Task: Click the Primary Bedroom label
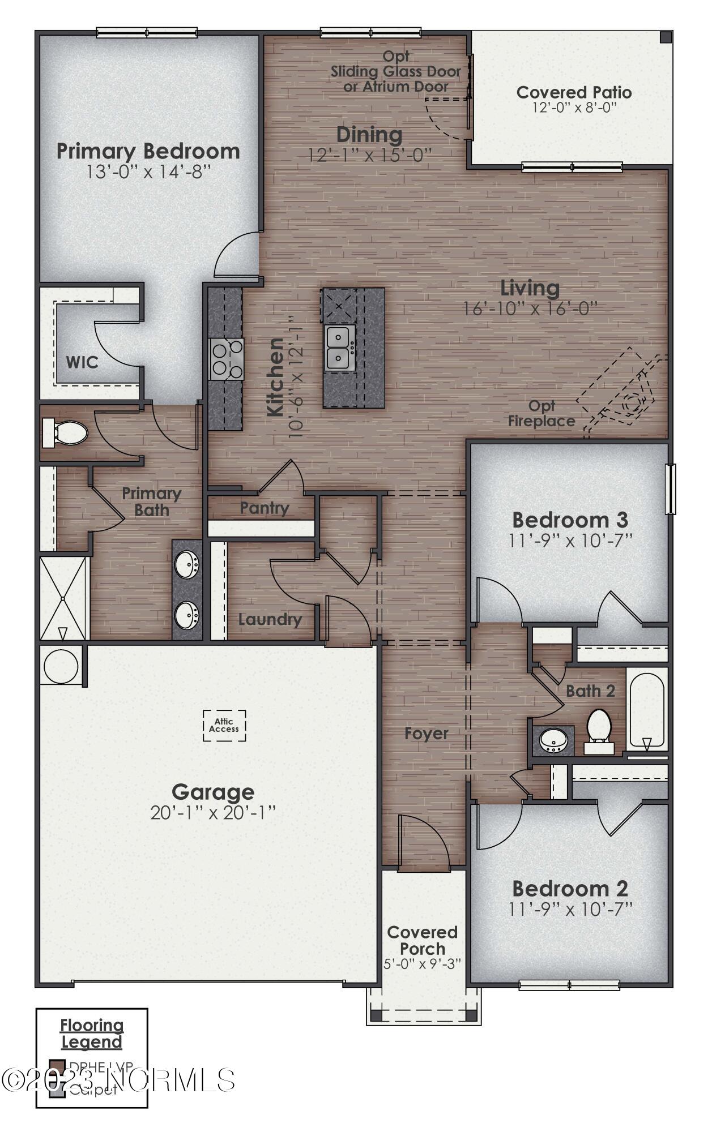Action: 148,152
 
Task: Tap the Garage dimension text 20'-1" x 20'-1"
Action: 212,813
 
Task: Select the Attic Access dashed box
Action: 224,725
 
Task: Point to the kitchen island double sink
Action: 340,348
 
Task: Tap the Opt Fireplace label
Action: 542,414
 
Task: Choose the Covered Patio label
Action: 574,92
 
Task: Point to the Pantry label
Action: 264,508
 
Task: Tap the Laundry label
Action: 270,619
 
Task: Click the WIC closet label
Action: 82,362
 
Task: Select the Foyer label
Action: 426,734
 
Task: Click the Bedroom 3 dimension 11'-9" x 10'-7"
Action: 570,540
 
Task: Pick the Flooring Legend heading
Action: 92,1033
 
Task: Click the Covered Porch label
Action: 423,940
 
